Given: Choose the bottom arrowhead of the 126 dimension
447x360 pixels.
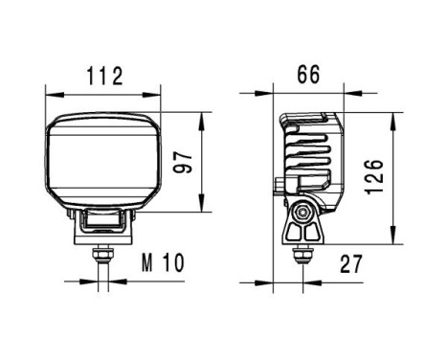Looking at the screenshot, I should [x=393, y=239].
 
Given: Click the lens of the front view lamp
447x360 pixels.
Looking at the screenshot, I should [x=103, y=159].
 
